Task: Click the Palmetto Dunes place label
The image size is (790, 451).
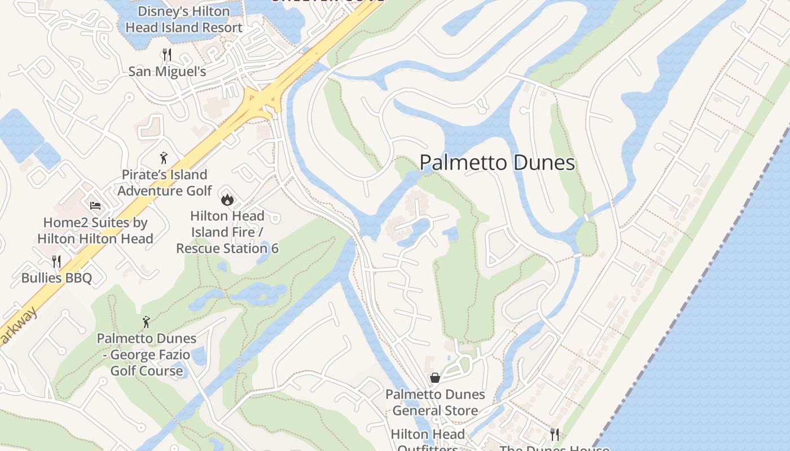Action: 497,163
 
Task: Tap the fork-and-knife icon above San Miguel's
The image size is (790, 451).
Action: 166,55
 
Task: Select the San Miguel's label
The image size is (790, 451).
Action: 167,72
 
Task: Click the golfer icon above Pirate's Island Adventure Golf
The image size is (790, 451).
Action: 164,158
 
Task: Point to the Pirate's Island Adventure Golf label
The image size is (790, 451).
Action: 164,183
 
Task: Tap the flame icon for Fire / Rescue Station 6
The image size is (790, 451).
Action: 227,199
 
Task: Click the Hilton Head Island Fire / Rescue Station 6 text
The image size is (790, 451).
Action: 227,232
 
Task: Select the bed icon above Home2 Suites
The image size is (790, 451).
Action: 95,206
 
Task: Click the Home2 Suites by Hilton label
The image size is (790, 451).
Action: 95,231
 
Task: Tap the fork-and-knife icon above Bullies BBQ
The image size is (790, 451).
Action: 56,261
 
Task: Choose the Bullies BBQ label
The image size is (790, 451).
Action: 56,278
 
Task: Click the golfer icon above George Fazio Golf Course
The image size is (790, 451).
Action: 147,322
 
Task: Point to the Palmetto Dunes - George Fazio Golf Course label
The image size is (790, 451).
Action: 147,355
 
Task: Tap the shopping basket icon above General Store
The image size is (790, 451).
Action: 435,378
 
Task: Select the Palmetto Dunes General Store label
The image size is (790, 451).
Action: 435,403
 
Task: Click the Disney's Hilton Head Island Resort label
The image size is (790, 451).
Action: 184,19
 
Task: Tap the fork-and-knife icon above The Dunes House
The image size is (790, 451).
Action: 555,434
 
